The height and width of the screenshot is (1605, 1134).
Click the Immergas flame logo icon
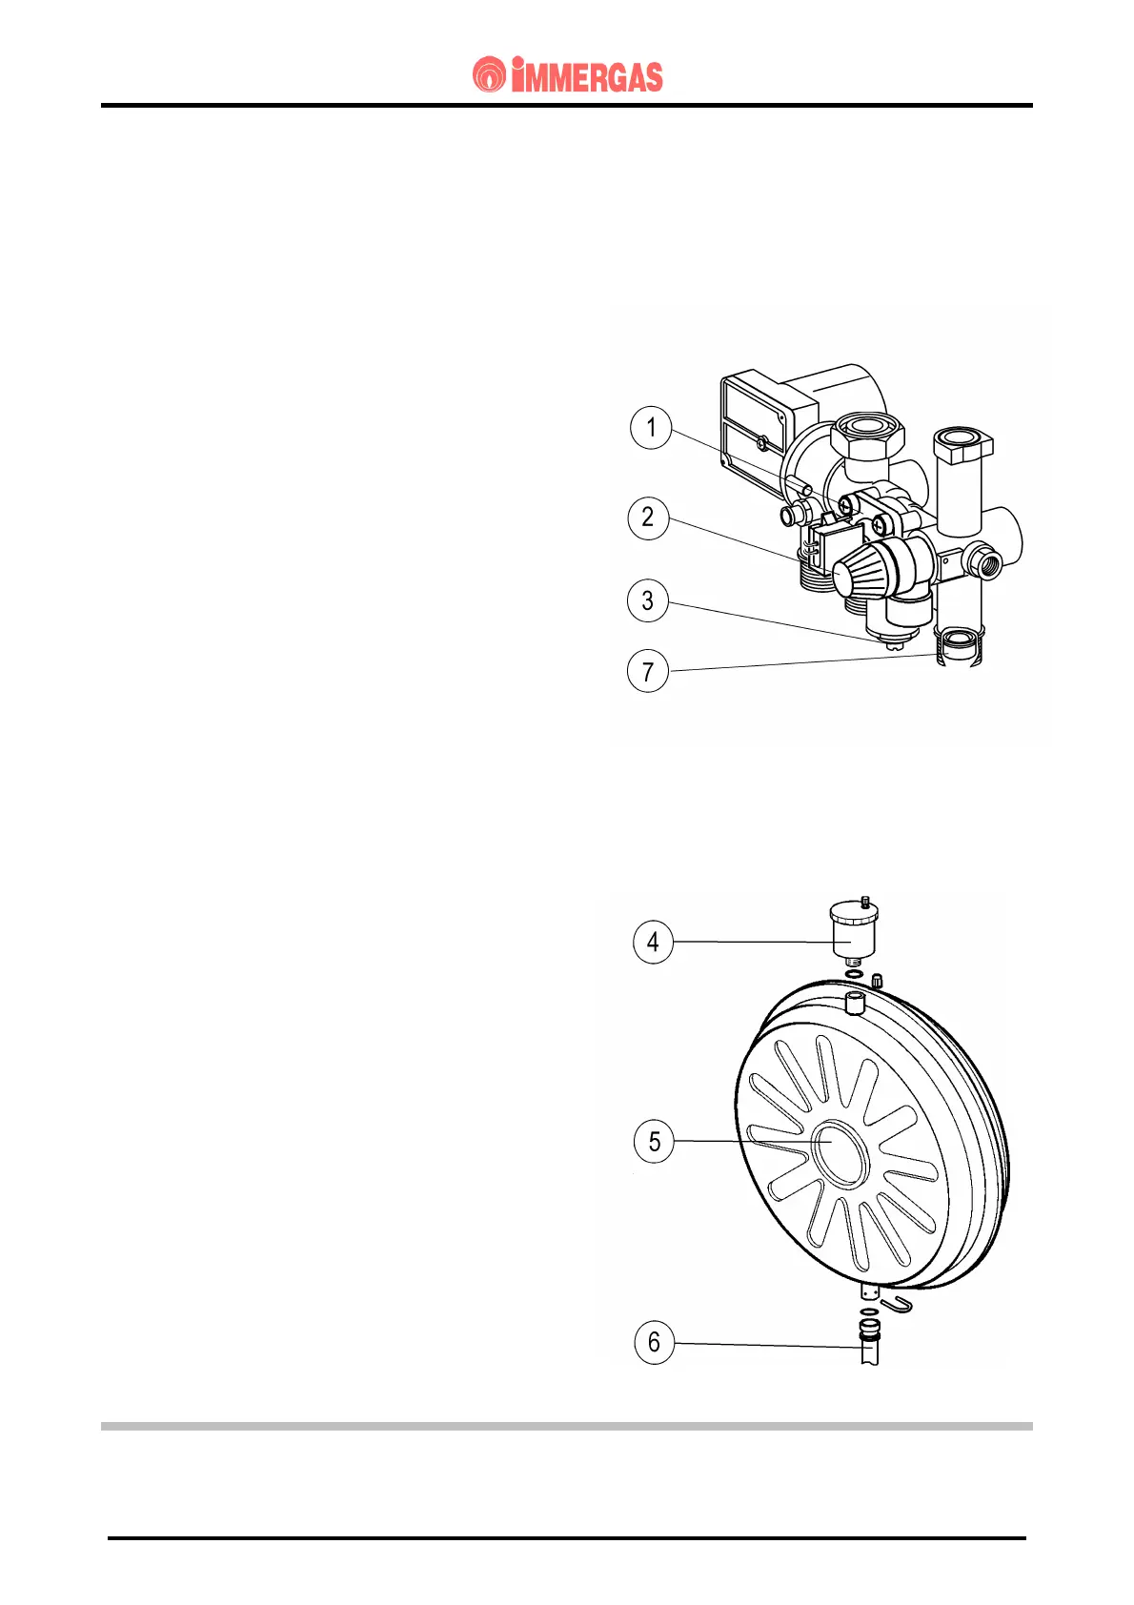[x=489, y=75]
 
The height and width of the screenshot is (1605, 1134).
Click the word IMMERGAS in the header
[x=587, y=76]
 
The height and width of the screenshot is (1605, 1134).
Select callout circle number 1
[x=651, y=426]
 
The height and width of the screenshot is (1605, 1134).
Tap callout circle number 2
[x=648, y=518]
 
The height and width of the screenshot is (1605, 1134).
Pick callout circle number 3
[x=648, y=600]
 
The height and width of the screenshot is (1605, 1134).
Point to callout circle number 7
[x=648, y=672]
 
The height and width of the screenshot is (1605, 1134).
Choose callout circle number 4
[x=653, y=942]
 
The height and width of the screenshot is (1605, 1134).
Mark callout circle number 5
[x=654, y=1141]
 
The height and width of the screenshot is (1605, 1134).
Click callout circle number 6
[x=654, y=1342]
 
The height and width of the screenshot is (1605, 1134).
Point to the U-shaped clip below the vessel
[x=897, y=1303]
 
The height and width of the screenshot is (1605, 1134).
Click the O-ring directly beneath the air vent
[x=855, y=974]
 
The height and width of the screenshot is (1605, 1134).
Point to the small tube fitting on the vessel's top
[x=854, y=1003]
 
